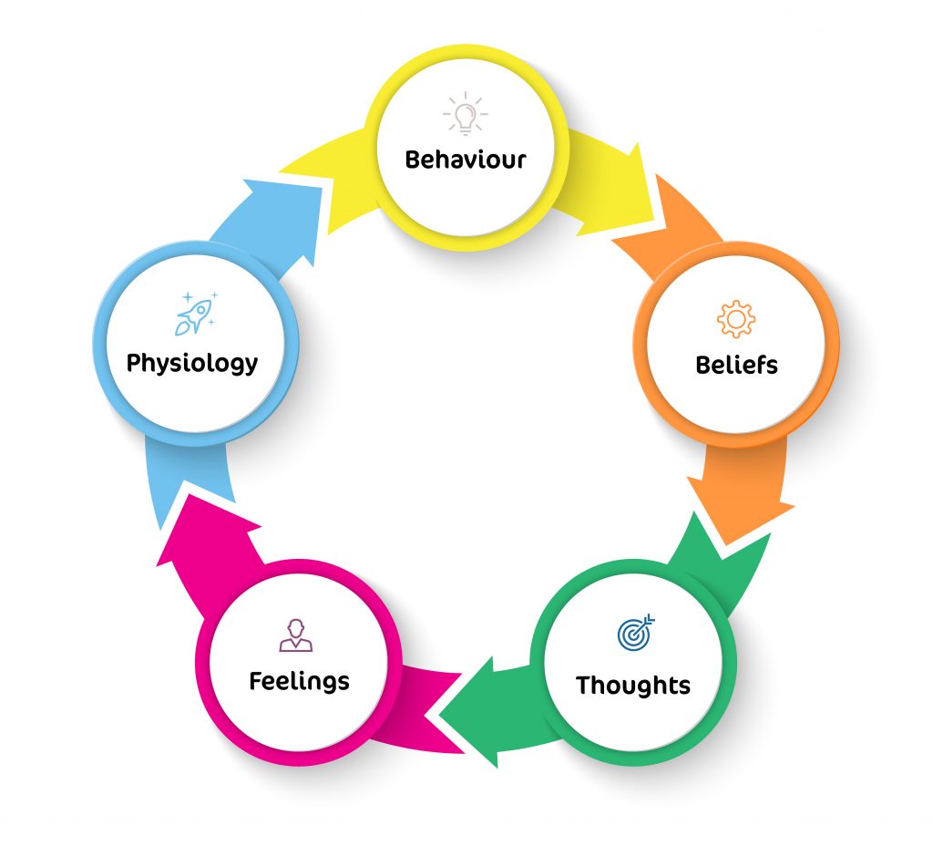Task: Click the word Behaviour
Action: tap(466, 160)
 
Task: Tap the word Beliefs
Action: tap(736, 366)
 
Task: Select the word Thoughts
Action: tap(632, 685)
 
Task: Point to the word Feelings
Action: tap(299, 681)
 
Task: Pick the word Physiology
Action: tap(192, 363)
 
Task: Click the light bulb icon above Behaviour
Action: tap(466, 114)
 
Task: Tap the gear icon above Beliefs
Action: tap(736, 320)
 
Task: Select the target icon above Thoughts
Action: tap(635, 633)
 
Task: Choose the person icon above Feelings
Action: tap(296, 635)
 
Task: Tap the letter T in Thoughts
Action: tap(584, 684)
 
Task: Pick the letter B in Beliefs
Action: tap(702, 366)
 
